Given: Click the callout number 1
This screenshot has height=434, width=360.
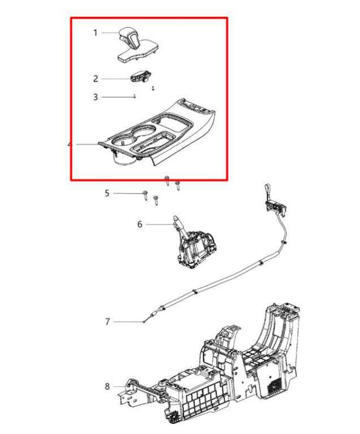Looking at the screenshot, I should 96,32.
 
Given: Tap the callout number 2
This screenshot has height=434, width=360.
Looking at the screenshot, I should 96,78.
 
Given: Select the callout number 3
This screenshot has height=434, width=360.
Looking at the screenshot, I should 96,97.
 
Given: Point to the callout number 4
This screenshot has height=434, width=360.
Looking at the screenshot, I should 70,144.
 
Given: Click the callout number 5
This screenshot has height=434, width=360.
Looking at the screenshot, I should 107,194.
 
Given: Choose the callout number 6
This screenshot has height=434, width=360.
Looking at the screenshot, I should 140,224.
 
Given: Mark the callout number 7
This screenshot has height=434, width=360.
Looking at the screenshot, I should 107,321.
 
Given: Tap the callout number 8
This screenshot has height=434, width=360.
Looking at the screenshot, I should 107,386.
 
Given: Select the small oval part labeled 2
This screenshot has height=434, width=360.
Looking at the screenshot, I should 140,78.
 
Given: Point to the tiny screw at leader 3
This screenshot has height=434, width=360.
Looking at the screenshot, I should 136,97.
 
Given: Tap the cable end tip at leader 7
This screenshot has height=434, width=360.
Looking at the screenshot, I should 145,322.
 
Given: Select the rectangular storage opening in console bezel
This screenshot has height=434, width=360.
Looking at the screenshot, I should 153,144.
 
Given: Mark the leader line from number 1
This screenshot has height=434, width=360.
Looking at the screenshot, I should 109,32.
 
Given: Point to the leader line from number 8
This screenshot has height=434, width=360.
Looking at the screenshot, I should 119,386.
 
